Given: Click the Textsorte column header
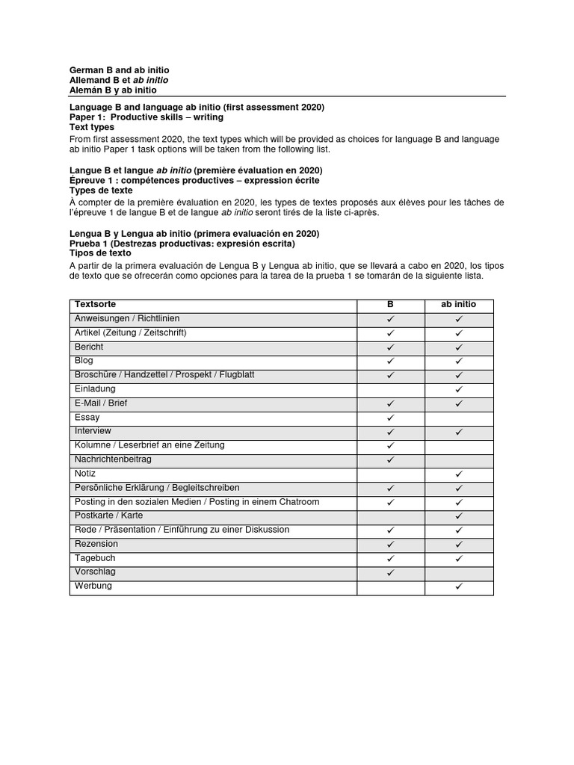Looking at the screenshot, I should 95,305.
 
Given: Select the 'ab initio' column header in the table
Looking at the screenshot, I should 459,305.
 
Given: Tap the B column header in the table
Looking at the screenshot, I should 390,305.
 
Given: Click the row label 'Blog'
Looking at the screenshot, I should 84,361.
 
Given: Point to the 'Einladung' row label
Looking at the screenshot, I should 95,389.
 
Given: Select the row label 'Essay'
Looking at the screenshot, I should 87,418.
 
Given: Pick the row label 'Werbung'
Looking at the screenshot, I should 93,586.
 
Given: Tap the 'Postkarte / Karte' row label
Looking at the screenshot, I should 108,516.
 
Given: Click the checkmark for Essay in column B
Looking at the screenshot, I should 390,418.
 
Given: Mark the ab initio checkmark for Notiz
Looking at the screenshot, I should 459,474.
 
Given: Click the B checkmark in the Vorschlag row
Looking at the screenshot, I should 390,573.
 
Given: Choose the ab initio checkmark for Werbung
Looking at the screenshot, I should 459,587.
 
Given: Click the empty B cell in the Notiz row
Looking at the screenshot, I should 390,474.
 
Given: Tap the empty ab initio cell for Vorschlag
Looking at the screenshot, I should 459,573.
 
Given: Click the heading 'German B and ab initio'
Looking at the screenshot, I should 120,69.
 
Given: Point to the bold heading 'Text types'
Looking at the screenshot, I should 92,128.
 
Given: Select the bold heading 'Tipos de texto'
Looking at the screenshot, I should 101,253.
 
